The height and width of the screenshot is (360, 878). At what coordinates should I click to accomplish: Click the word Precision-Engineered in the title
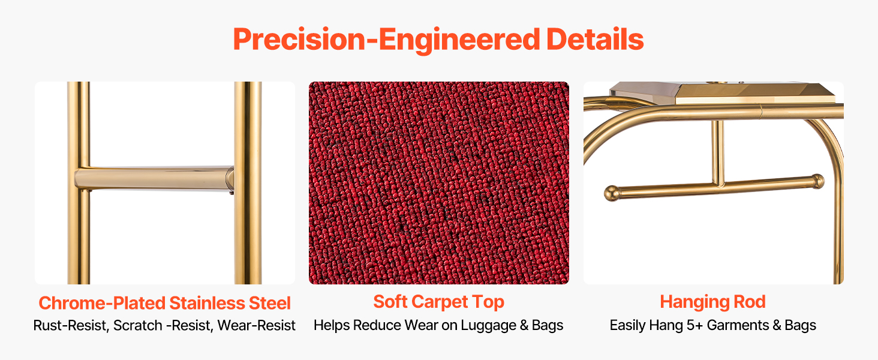click(x=387, y=40)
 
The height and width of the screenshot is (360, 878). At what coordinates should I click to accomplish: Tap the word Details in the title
click(x=595, y=39)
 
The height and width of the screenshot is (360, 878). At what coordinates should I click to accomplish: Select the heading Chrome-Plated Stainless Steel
click(x=164, y=303)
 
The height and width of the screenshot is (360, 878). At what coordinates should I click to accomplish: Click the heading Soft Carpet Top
click(x=438, y=302)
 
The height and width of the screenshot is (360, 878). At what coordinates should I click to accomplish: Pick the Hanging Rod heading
click(x=712, y=302)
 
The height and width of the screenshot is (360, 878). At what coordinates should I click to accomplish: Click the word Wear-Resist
click(x=256, y=325)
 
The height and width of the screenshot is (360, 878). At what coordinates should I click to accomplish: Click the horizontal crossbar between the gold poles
click(x=154, y=178)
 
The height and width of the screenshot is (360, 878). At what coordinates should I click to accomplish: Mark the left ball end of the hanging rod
click(x=612, y=193)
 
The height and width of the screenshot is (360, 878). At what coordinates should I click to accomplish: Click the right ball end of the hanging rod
click(x=817, y=181)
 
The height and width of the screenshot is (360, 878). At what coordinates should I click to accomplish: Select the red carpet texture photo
click(x=439, y=183)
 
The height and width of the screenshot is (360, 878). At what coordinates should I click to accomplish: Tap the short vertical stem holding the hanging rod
click(x=718, y=152)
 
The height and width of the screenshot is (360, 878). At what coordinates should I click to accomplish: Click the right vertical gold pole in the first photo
click(x=248, y=183)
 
